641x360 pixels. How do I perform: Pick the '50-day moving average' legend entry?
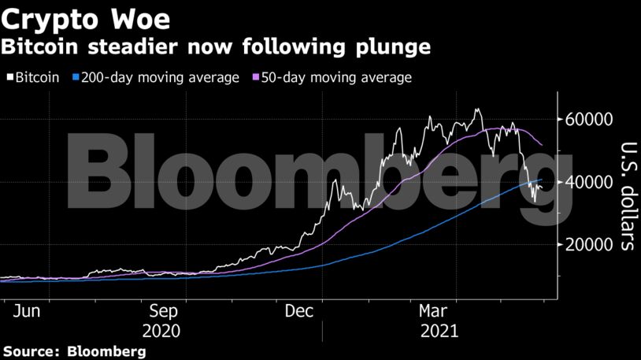tap(332, 77)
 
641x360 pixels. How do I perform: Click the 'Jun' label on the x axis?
tap(26, 311)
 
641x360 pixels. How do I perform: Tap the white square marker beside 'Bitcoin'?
tap(10, 78)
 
